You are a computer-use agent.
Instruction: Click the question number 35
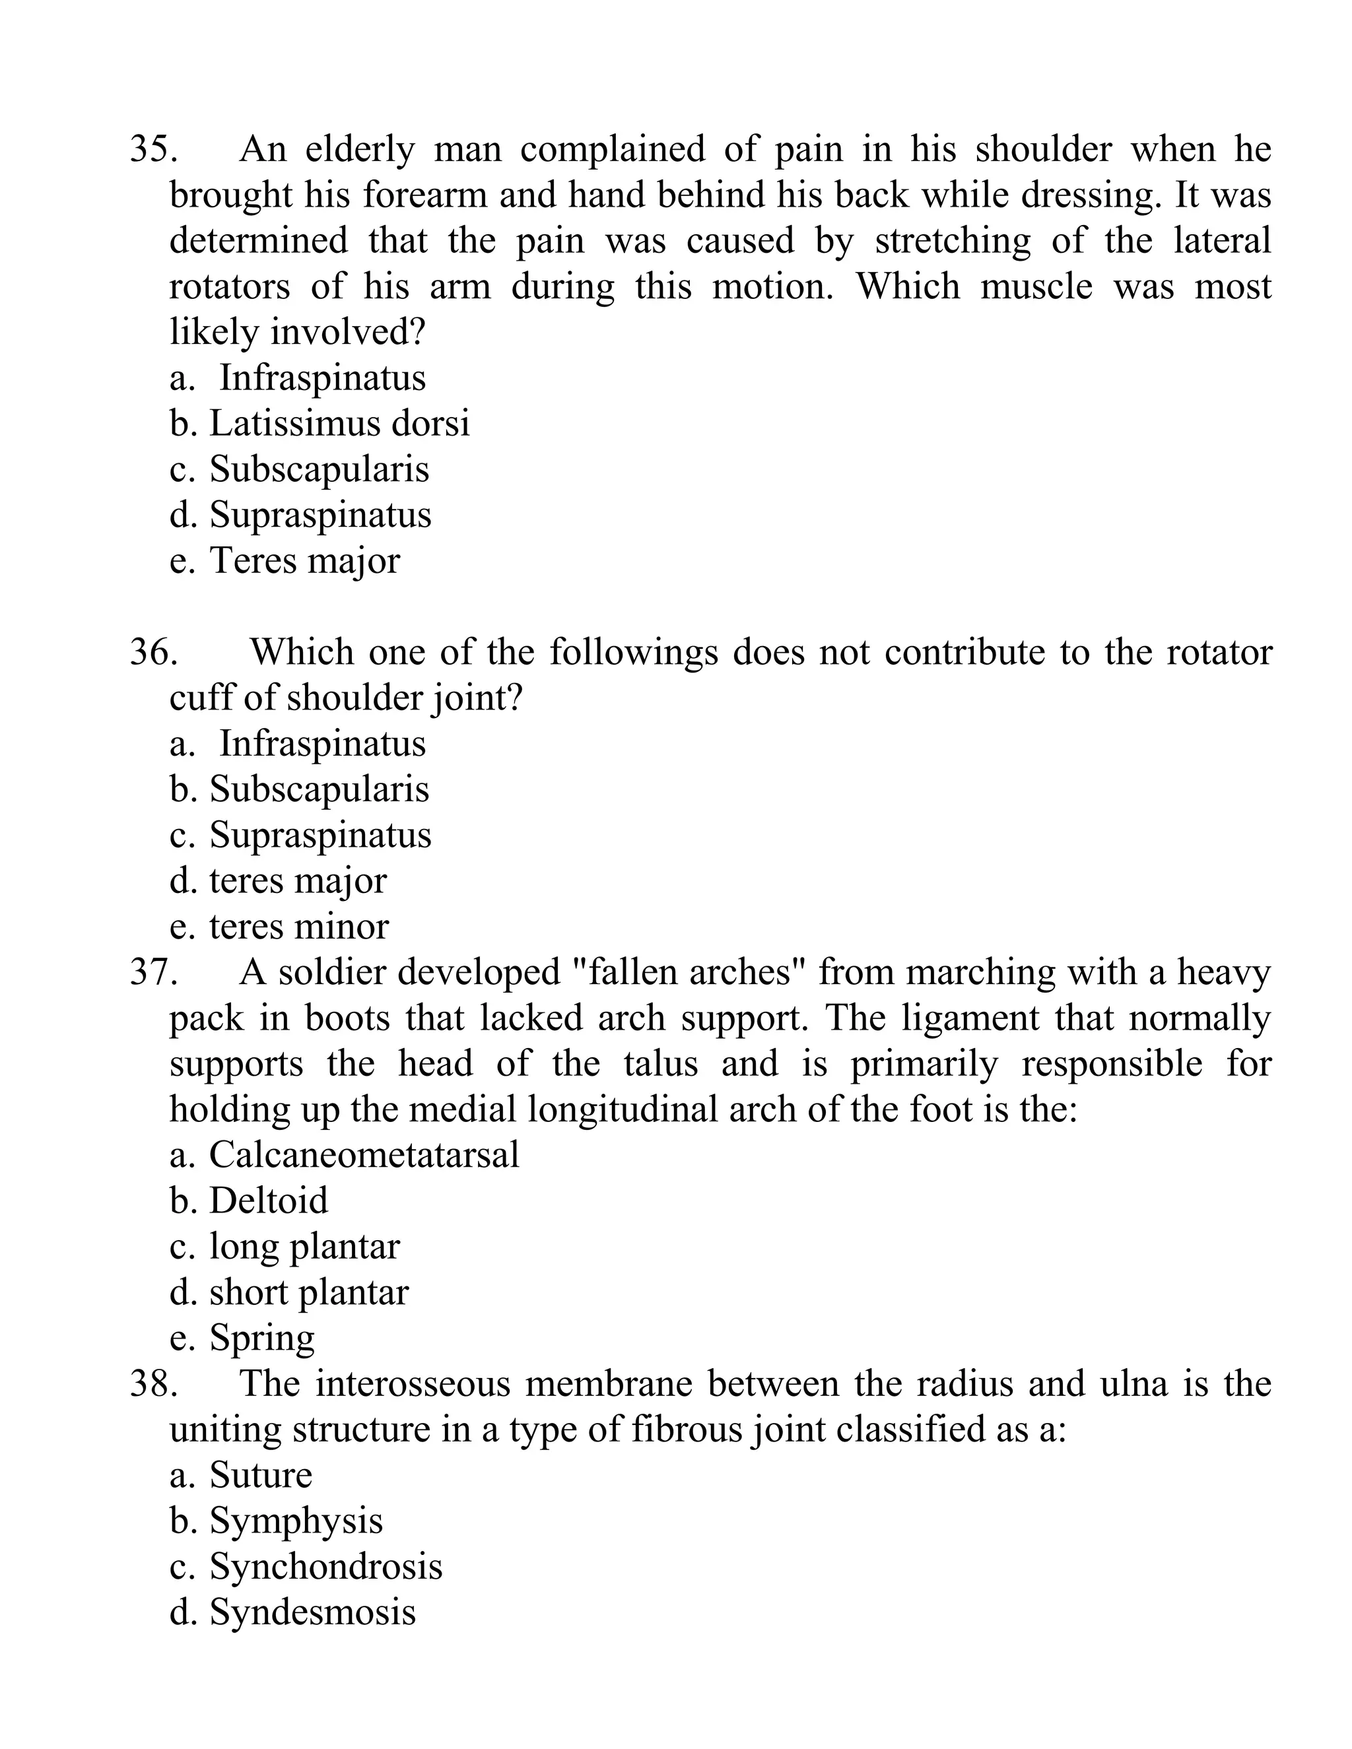point(153,150)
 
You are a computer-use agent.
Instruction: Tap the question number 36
point(153,652)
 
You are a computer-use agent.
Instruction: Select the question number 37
point(153,973)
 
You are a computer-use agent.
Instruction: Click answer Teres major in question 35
point(304,560)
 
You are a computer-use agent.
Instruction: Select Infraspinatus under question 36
point(322,744)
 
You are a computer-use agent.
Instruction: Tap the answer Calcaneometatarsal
point(364,1156)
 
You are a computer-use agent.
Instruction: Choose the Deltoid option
point(268,1201)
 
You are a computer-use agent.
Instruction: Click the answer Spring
point(262,1339)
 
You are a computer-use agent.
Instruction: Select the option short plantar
point(308,1292)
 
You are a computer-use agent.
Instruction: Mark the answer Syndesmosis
point(312,1612)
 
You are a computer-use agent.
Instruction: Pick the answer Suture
point(260,1476)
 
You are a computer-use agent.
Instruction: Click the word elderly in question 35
point(360,150)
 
